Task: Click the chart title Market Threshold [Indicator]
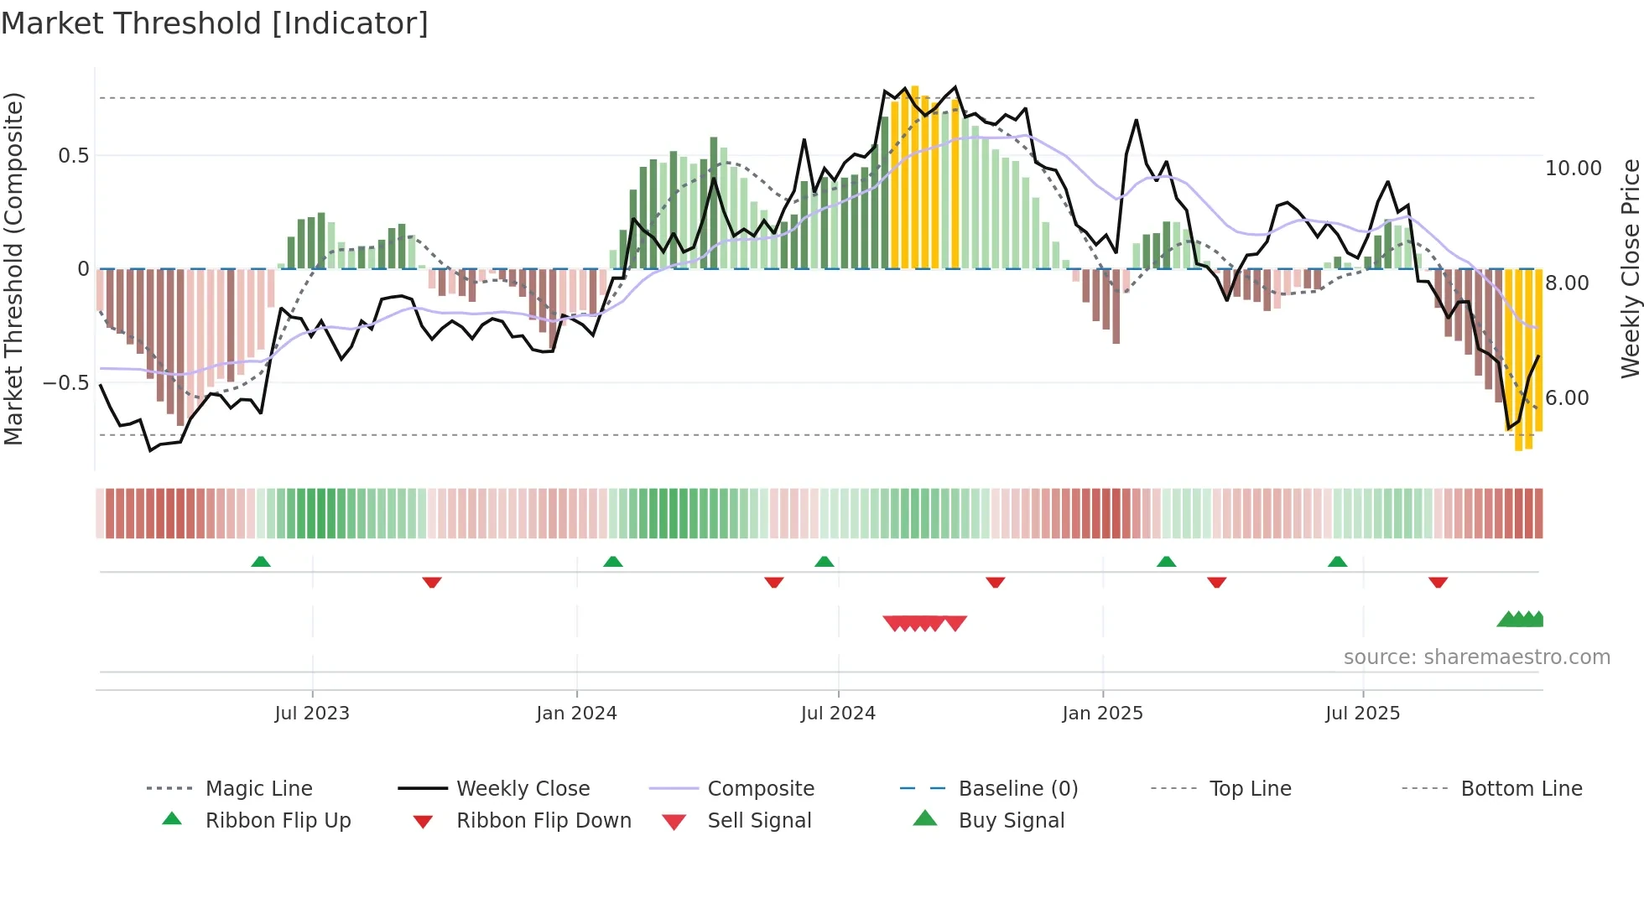215,23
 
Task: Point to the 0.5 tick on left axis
73,156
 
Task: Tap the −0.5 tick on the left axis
66,383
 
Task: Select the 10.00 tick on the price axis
1573,169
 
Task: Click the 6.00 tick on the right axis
1567,398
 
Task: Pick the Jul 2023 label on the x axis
312,714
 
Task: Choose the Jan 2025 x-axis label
1102,714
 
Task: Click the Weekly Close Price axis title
1629,268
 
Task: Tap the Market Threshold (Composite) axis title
14,268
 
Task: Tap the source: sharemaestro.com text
1476,657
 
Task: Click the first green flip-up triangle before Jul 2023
261,562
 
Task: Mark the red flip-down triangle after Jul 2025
1438,582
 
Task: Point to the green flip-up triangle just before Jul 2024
824,562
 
